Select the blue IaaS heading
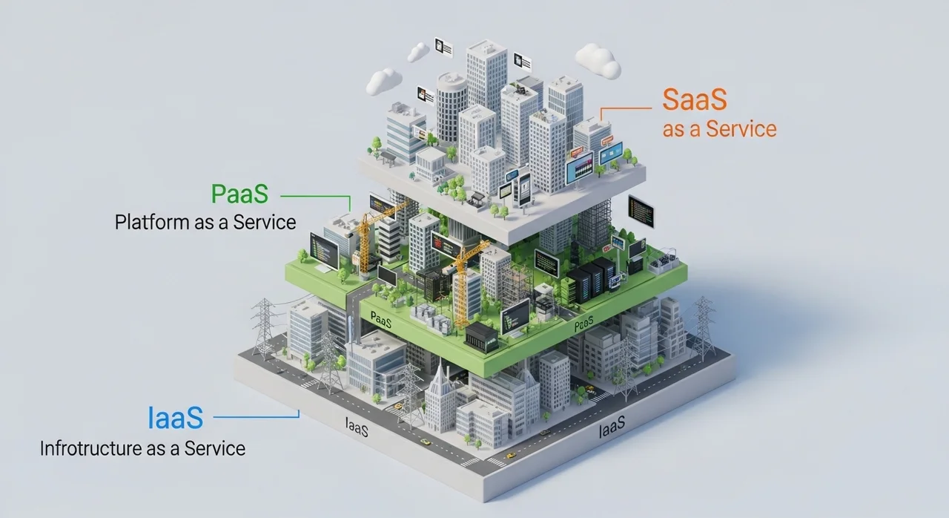[175, 419]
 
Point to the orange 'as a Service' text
[719, 129]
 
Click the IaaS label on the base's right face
[611, 427]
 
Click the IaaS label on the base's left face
[357, 427]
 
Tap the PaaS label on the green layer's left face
[380, 321]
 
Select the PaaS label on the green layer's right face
[586, 325]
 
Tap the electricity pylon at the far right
[702, 327]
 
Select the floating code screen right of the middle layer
[641, 212]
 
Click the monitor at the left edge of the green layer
[324, 251]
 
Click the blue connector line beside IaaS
[256, 418]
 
